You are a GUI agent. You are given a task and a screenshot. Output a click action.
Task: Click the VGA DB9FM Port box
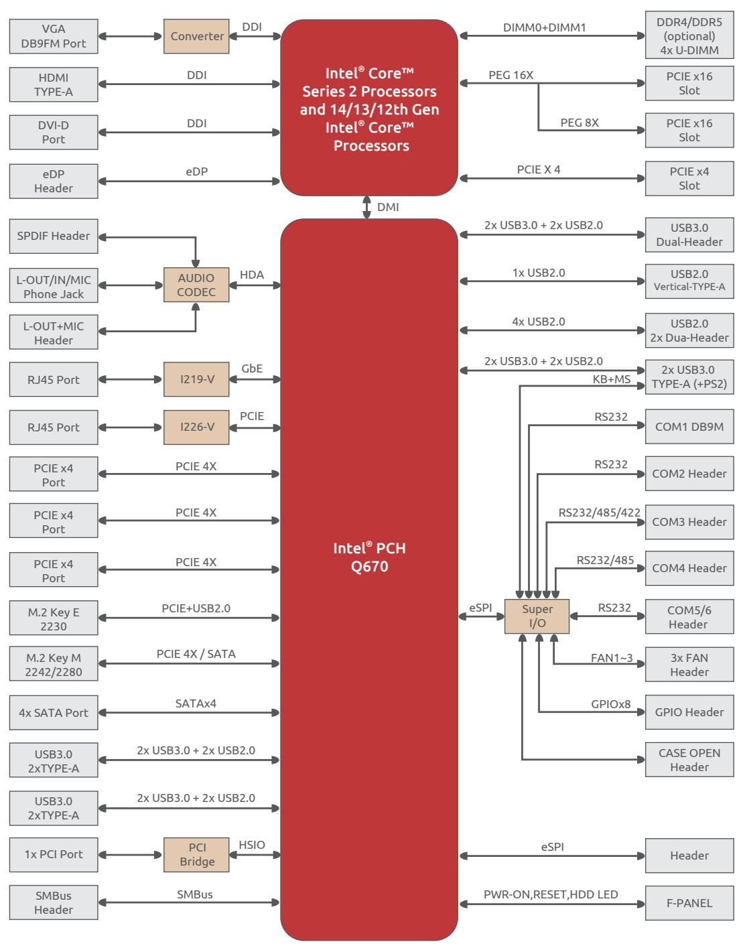point(54,36)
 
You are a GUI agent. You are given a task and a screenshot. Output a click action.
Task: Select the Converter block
point(196,36)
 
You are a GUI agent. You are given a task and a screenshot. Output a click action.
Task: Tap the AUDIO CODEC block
point(196,285)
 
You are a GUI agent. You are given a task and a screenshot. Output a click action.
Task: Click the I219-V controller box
point(196,379)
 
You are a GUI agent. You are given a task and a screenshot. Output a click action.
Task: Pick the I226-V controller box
point(196,427)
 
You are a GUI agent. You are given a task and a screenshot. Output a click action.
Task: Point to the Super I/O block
point(537,616)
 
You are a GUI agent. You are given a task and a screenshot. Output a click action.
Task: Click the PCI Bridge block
point(196,855)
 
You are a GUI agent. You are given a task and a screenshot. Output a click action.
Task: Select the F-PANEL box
point(689,903)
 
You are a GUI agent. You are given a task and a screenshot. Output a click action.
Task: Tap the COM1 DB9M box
point(689,427)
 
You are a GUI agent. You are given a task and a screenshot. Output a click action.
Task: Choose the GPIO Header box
point(689,712)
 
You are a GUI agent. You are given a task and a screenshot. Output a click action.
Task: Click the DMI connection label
point(388,207)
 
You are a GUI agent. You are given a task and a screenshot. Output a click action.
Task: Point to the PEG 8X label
point(580,123)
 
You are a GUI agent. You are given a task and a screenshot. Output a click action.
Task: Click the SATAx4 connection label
point(196,703)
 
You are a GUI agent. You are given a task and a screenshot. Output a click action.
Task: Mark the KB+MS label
point(611,379)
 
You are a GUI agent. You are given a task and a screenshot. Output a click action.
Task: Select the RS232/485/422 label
point(599,513)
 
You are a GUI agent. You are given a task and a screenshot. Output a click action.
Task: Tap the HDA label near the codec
point(252,275)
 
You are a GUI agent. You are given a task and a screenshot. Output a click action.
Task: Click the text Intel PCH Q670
point(369,557)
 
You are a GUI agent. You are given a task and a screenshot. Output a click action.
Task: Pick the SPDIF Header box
point(54,236)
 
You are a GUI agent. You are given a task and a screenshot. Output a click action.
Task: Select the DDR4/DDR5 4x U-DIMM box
point(689,36)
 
